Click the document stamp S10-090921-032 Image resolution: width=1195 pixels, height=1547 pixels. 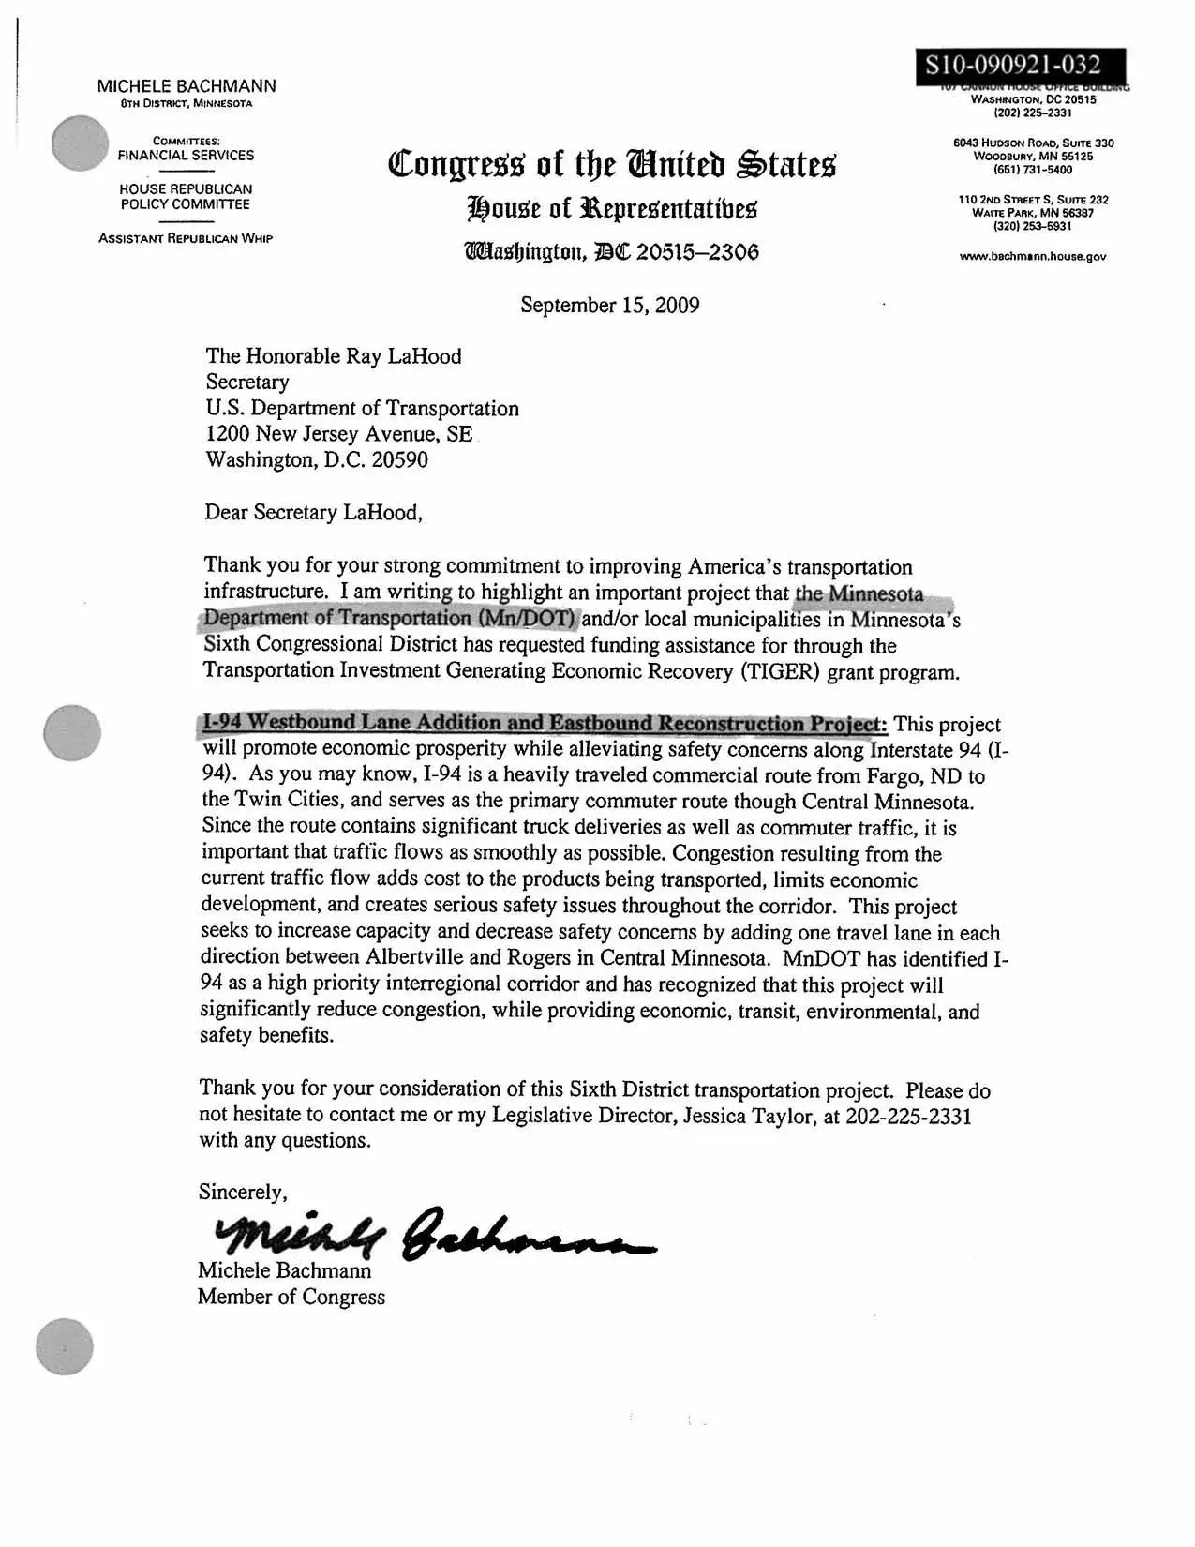[x=1012, y=65]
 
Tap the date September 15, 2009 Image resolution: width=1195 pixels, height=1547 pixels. [x=609, y=306]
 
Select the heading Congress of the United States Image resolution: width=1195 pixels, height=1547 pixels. [x=611, y=164]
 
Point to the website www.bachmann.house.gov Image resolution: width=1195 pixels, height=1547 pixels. [x=1032, y=256]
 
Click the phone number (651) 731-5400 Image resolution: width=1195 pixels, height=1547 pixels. [x=1033, y=170]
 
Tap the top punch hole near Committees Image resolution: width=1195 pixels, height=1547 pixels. [x=81, y=143]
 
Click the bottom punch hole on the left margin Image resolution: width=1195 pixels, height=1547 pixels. [x=65, y=1346]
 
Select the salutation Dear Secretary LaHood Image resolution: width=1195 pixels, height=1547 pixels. [x=313, y=513]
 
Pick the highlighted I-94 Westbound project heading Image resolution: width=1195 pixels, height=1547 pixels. [x=544, y=723]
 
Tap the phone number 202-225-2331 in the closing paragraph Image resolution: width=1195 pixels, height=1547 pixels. [x=908, y=1116]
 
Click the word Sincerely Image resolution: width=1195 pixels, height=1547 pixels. [x=243, y=1192]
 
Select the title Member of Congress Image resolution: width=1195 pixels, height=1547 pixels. [x=291, y=1297]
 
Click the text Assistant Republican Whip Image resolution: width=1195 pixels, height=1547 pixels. [x=186, y=238]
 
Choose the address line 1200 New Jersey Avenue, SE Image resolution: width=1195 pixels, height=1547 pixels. [x=338, y=434]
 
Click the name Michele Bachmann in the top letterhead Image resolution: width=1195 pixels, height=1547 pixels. [x=187, y=86]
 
